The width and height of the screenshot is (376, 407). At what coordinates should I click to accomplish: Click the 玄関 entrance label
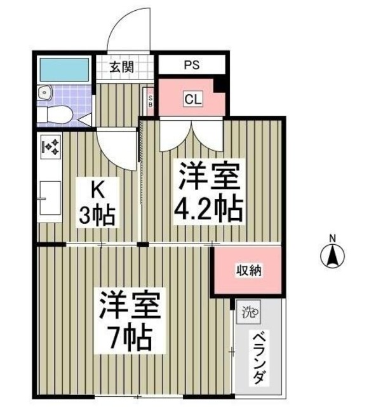[120, 67]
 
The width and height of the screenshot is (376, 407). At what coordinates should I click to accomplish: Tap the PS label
[191, 65]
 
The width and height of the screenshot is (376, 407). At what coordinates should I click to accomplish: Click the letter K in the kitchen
[97, 189]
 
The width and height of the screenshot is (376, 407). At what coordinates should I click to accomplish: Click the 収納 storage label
[251, 271]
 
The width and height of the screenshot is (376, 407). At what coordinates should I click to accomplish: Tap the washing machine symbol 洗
[248, 312]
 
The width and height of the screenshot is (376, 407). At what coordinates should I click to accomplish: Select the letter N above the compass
[332, 238]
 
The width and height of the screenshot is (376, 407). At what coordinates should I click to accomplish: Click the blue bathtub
[64, 69]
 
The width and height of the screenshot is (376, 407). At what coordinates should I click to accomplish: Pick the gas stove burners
[50, 148]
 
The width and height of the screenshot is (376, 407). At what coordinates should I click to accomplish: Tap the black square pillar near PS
[220, 83]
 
